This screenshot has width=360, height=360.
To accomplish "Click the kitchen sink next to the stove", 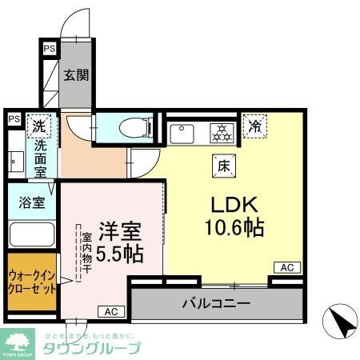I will click(x=182, y=130).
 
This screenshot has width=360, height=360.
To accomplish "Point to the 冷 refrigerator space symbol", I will click(x=256, y=126).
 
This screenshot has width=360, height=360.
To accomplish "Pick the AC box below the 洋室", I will click(x=110, y=311).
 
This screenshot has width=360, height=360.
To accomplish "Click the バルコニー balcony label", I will click(x=216, y=304).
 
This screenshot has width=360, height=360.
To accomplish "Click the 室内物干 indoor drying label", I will click(x=85, y=254).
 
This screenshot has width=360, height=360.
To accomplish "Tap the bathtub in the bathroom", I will click(x=30, y=234).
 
